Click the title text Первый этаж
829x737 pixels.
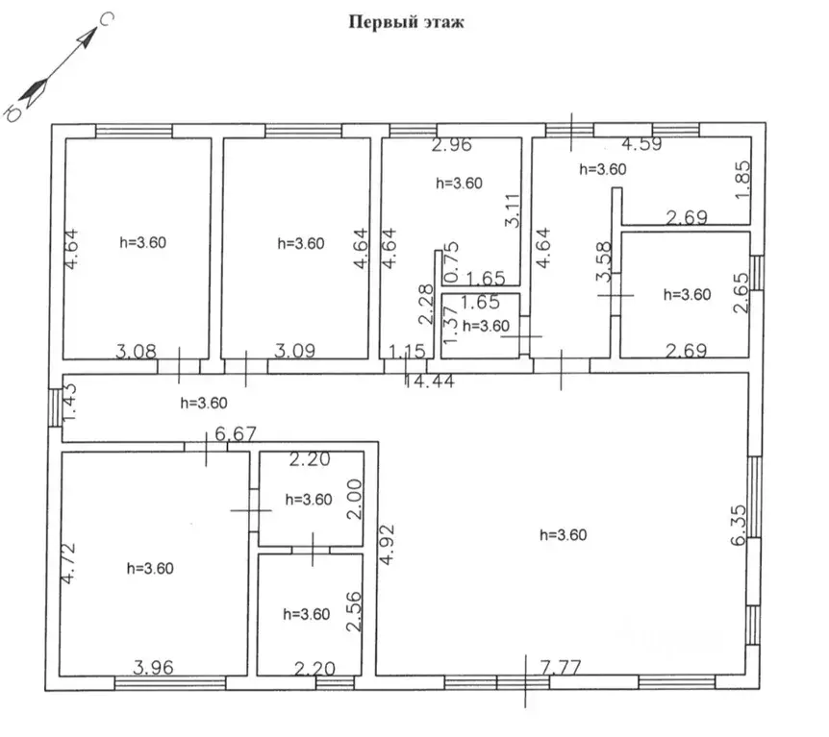pos(406,22)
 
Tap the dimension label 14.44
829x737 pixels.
pos(429,381)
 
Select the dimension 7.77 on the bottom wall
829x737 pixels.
pos(561,667)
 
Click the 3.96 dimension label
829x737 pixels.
pos(153,667)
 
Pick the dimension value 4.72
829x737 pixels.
pos(68,563)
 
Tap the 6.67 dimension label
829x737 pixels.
pos(236,434)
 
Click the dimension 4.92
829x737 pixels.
pos(388,544)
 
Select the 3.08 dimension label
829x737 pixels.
pos(136,351)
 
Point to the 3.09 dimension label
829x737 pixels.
pos(294,351)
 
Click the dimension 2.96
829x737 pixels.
pos(451,144)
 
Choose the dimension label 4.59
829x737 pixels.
pos(641,144)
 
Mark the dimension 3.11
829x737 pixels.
pos(513,210)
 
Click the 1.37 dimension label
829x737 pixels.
pos(450,325)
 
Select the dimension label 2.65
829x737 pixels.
pos(741,292)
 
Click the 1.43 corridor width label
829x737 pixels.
pos(70,402)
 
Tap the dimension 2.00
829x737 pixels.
pos(355,499)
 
